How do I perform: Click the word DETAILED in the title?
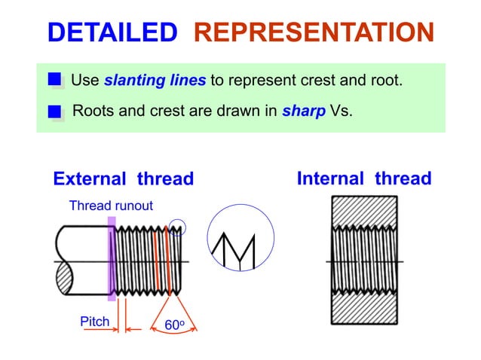point(112,32)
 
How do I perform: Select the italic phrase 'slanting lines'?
point(155,80)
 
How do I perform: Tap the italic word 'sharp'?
point(304,111)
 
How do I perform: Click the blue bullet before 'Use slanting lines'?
point(55,80)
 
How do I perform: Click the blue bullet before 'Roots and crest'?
point(55,112)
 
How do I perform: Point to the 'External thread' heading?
point(123,179)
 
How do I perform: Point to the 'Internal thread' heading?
point(364,178)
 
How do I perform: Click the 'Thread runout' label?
point(111,205)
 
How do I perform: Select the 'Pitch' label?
point(95,322)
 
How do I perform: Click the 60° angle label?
point(175,325)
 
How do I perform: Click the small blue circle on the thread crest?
point(177,225)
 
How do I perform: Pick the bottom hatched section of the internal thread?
point(365,308)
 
